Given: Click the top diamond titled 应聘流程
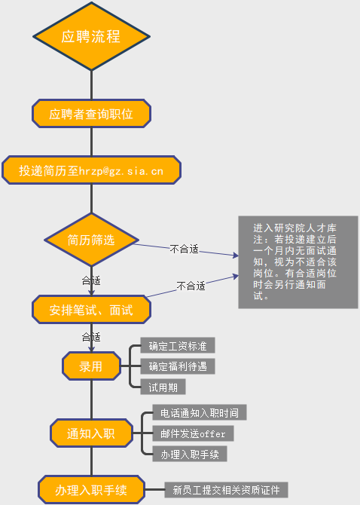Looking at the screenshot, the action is click(91, 36).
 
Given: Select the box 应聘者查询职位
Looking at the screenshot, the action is click(91, 114).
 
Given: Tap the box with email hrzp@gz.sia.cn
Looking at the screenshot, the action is click(91, 170).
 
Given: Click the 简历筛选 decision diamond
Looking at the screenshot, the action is click(91, 240).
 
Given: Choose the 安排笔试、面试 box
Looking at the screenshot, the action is click(91, 310).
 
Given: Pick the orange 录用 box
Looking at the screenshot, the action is click(91, 366).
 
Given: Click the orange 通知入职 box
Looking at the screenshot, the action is click(91, 433).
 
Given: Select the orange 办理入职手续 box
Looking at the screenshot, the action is click(91, 489).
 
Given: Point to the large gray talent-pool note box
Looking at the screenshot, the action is click(298, 262).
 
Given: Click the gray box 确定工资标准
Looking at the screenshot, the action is click(178, 345).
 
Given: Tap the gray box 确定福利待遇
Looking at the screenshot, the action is click(178, 366).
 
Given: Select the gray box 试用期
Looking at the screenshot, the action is click(163, 387).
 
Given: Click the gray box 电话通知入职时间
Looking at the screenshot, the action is click(200, 412).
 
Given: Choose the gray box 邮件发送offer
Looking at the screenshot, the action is click(193, 433).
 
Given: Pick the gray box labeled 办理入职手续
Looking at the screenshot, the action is click(190, 454).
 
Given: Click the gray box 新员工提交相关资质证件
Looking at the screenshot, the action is click(226, 490).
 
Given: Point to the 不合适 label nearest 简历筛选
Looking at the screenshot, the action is click(184, 249).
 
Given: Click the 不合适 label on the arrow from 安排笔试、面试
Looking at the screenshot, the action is click(191, 286).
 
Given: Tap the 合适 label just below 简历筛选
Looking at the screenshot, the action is click(91, 280).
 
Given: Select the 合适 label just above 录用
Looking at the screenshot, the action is click(91, 337).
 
